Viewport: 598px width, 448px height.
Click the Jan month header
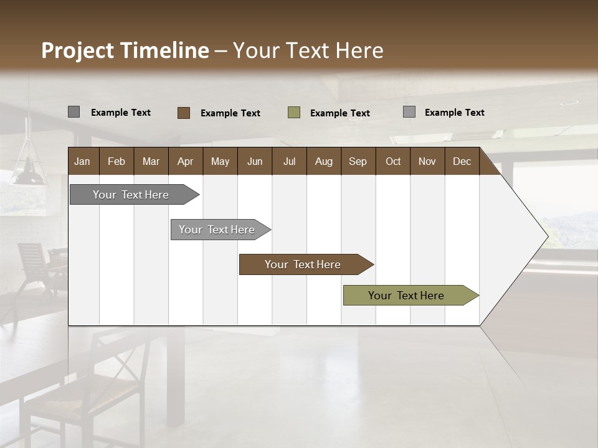(82, 161)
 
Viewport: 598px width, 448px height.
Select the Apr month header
(185, 161)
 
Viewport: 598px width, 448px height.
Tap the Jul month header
(289, 161)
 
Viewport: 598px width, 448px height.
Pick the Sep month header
(358, 161)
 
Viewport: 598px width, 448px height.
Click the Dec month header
(462, 161)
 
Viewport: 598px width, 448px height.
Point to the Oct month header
(393, 161)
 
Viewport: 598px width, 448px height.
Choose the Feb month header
(116, 161)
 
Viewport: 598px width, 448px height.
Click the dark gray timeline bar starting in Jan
(131, 195)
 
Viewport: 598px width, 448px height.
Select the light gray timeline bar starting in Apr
(217, 230)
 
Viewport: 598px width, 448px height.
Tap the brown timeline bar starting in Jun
(303, 264)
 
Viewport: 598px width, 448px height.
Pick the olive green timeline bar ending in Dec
(406, 296)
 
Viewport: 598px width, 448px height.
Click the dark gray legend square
(74, 112)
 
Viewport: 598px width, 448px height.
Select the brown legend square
(183, 113)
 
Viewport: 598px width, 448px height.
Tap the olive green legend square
(294, 113)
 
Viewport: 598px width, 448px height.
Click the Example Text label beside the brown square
(230, 113)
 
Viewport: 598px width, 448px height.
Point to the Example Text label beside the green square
(340, 113)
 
